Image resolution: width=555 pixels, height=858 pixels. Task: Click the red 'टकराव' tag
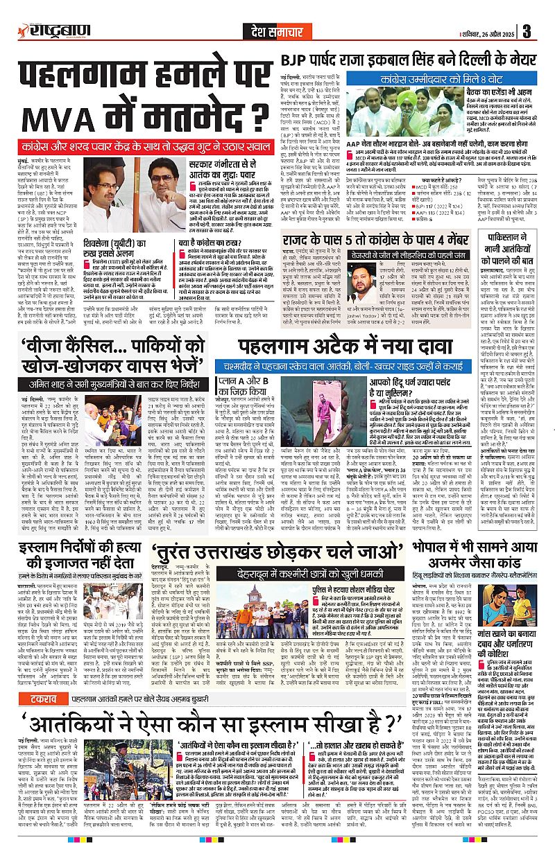pos(31,680)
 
